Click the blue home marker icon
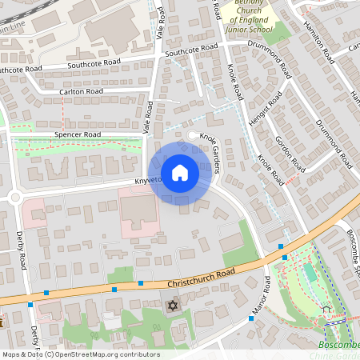tap(180, 173)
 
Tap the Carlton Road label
tap(82, 93)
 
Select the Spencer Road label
tap(78, 134)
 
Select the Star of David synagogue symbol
tap(170, 306)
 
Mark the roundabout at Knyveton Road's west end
tap(14, 197)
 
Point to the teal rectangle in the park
tap(310, 272)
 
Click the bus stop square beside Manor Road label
tap(251, 318)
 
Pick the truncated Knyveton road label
tap(148, 180)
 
